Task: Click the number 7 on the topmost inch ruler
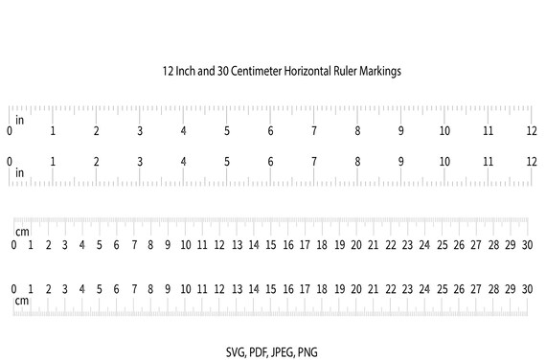tap(313, 131)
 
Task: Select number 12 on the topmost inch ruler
tap(532, 131)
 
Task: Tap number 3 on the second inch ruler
tap(140, 161)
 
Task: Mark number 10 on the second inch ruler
tap(444, 161)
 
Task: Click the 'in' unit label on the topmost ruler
tap(19, 120)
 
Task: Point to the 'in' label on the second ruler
tap(19, 172)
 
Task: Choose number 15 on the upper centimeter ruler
tap(271, 245)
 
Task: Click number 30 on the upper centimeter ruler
tap(527, 245)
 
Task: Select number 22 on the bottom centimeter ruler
tap(390, 288)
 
